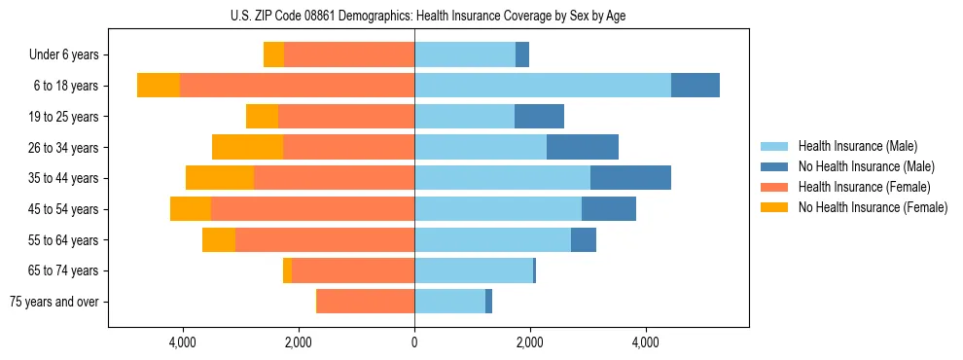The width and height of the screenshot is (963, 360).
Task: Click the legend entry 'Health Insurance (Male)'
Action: [858, 146]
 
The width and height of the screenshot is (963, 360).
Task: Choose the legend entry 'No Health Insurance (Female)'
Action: [873, 207]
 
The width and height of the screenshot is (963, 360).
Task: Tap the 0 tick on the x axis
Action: [414, 342]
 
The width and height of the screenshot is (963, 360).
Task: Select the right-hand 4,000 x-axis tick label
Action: [645, 342]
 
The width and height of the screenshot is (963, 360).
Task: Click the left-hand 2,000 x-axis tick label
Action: [299, 342]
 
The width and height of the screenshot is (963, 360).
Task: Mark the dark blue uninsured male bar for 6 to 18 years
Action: [695, 86]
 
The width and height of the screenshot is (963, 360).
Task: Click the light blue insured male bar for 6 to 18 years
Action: [543, 86]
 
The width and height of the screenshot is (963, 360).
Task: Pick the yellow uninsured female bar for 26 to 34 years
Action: [247, 147]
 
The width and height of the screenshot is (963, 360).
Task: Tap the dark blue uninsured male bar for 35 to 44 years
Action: [630, 178]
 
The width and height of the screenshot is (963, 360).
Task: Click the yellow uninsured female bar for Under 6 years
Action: [273, 54]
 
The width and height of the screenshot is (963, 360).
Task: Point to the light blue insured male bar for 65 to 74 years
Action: [474, 270]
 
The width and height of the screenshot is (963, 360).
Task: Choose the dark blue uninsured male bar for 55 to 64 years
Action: [584, 239]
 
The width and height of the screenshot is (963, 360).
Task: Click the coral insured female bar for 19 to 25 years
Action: [346, 117]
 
